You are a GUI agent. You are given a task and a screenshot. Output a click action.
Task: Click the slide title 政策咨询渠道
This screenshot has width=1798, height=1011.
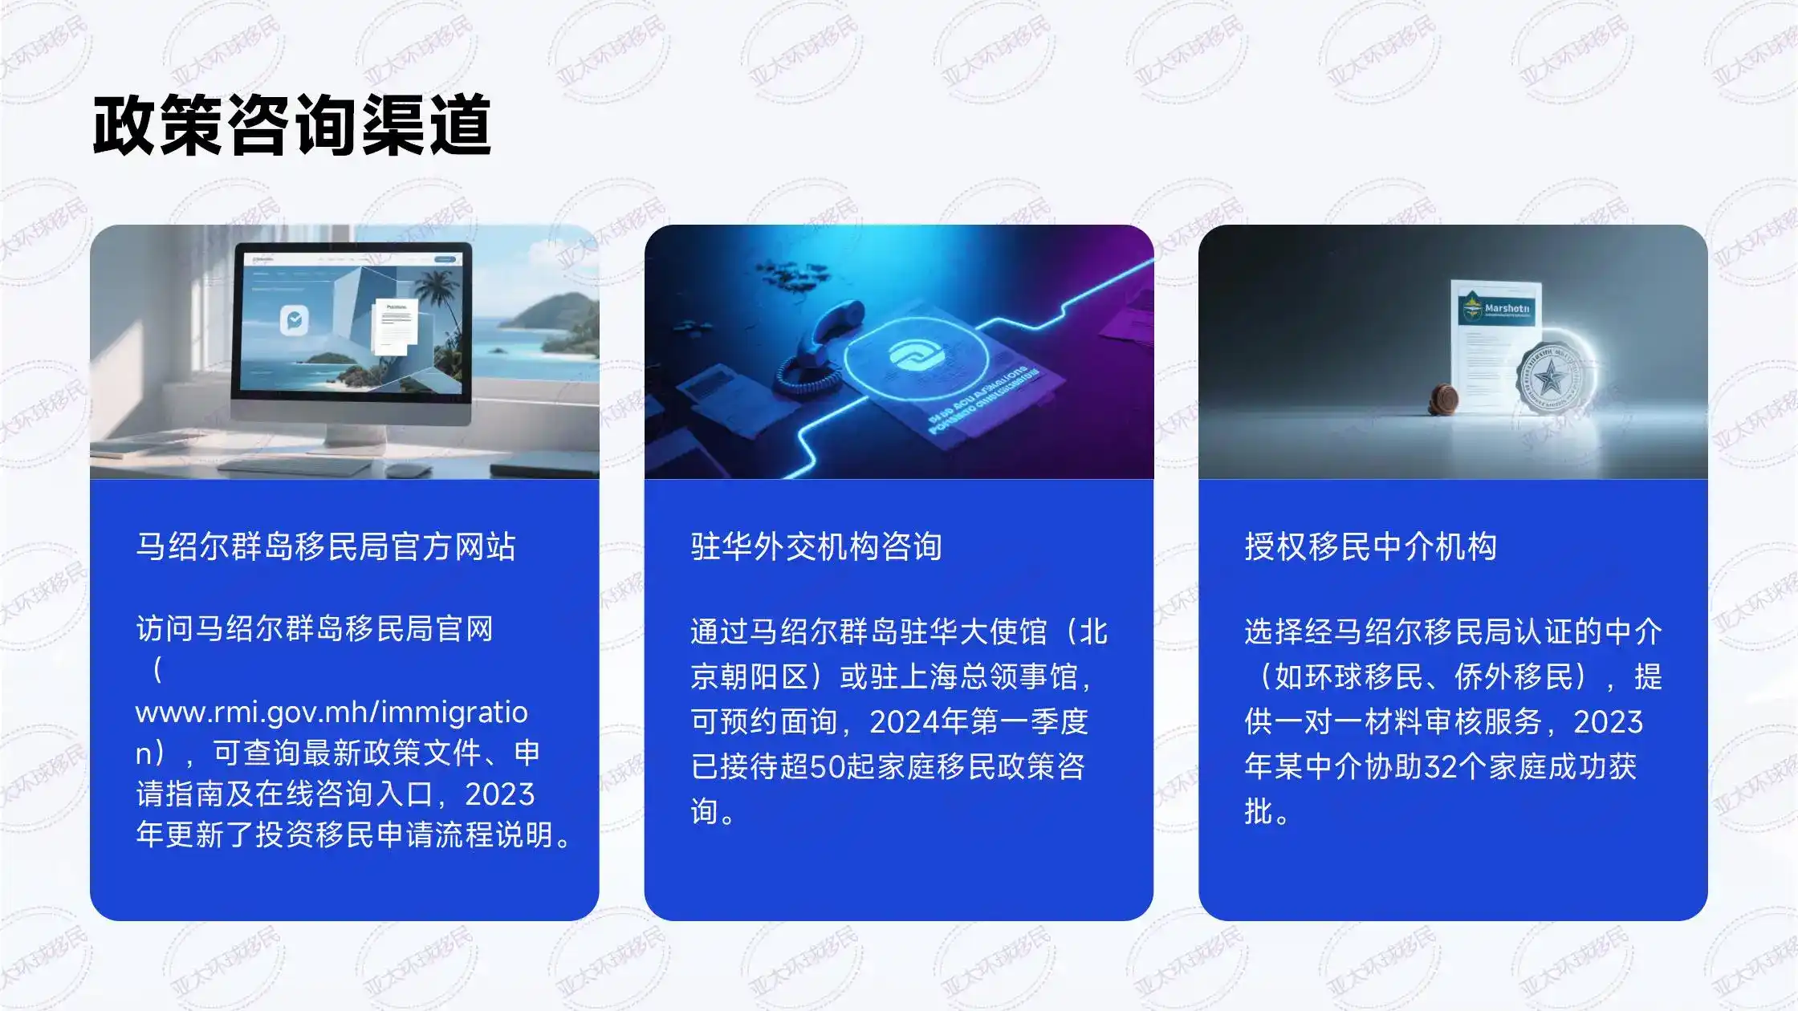[x=291, y=125]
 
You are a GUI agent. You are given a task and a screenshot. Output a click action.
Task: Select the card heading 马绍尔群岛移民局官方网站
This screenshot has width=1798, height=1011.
[x=325, y=547]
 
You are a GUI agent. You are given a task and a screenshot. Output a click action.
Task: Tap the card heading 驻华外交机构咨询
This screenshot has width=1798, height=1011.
[x=816, y=547]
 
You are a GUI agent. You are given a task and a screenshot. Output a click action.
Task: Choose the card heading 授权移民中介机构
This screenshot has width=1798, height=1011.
[x=1370, y=547]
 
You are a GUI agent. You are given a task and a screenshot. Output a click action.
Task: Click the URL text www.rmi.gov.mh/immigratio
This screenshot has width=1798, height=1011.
[x=332, y=713]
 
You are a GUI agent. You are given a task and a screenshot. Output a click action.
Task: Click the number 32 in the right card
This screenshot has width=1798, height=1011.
[x=1440, y=767]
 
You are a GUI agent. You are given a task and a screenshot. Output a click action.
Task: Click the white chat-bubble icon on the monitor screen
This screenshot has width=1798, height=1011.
[x=294, y=319]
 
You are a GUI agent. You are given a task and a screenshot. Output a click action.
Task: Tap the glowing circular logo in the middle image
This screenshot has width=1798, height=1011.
[x=915, y=357]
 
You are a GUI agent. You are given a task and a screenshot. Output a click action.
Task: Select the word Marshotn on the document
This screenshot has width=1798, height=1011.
[x=1507, y=308]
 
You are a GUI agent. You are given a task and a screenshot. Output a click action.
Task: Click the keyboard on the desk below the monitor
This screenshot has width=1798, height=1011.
[x=297, y=465]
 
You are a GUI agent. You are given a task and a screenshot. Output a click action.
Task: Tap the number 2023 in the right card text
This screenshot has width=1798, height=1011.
[x=1608, y=722]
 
